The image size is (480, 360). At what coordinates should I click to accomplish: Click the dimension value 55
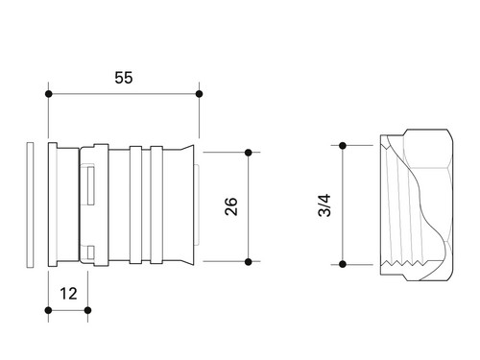tap(124, 78)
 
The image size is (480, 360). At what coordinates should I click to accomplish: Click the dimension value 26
tap(231, 206)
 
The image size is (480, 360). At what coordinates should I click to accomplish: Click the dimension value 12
tap(69, 294)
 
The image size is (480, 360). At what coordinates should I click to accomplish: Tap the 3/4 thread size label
tap(324, 205)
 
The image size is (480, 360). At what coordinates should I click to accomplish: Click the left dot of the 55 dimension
tap(49, 94)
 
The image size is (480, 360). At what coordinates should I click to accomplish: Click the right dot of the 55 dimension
tap(199, 94)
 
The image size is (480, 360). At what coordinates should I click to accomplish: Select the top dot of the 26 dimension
tap(249, 153)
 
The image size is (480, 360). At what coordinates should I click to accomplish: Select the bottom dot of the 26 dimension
tap(249, 262)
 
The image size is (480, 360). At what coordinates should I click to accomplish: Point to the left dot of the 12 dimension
tap(49, 310)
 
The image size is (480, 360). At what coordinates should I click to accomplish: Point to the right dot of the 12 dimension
tap(87, 310)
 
